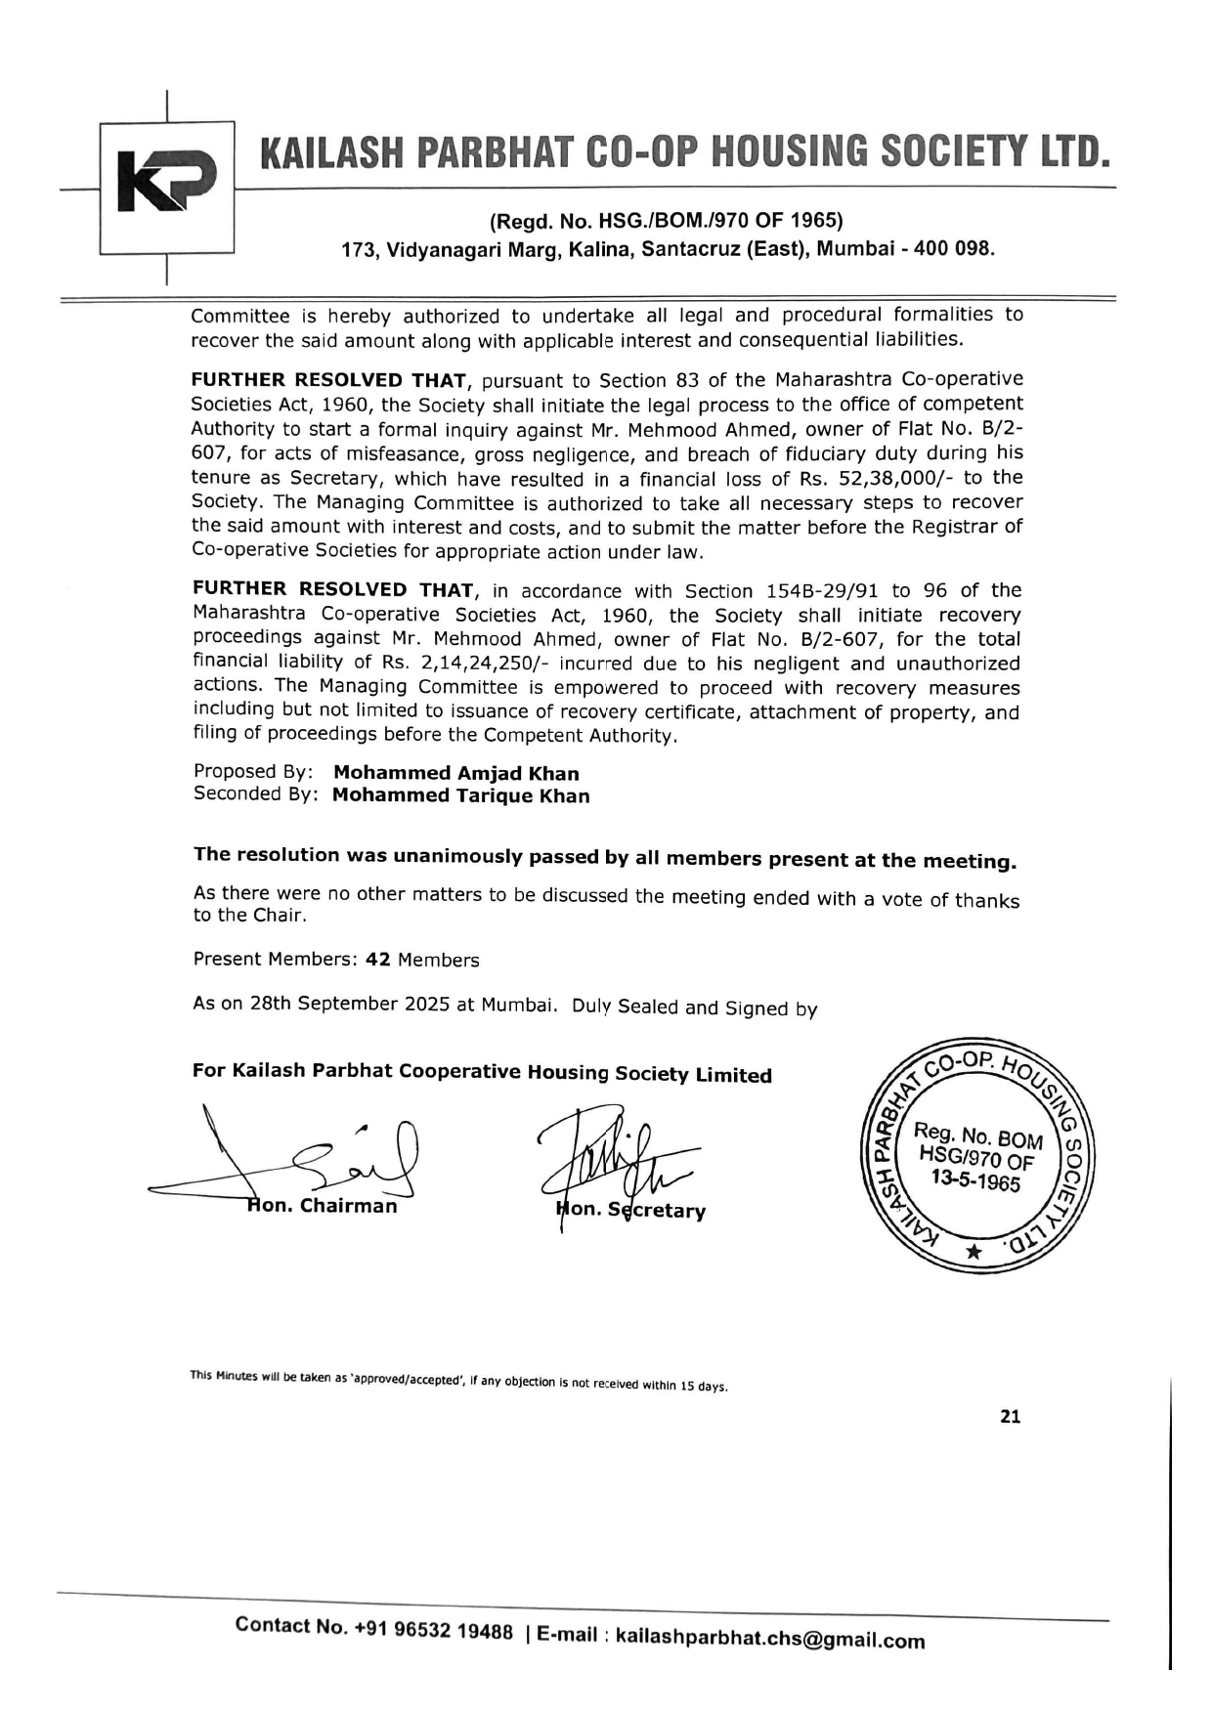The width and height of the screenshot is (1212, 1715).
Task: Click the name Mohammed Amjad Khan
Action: click(456, 773)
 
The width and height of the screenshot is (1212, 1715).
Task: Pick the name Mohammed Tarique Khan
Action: click(460, 795)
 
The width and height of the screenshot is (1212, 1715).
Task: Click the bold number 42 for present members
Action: click(378, 960)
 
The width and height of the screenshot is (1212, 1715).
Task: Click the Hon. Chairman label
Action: click(323, 1206)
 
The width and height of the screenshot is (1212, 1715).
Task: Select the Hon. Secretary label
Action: click(631, 1210)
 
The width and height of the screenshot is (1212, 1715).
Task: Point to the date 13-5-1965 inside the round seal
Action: click(975, 1181)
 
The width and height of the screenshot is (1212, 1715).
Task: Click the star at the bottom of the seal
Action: click(974, 1252)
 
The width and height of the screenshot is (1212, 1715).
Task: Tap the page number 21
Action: click(1010, 1417)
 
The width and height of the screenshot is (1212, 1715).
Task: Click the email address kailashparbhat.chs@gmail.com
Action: click(770, 1639)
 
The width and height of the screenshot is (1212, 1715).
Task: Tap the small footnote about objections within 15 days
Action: click(459, 1381)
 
